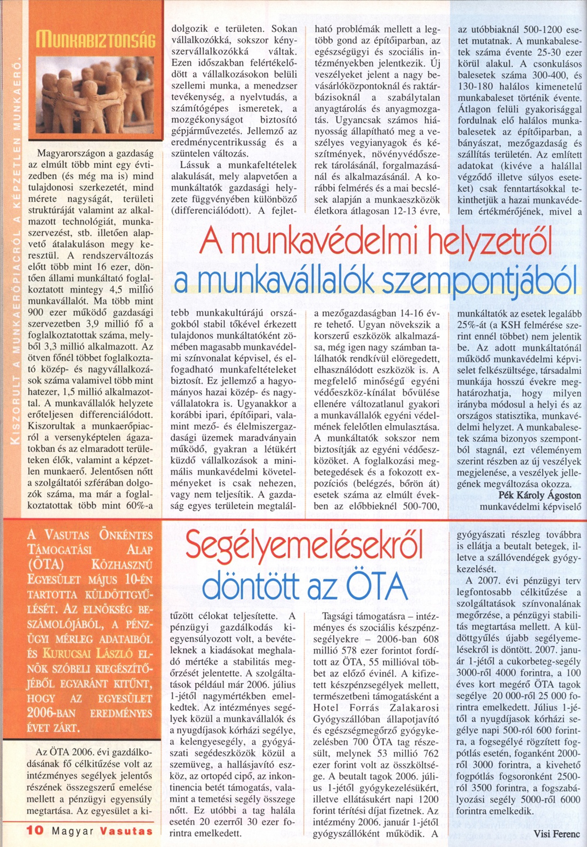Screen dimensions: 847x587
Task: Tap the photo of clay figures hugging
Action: pos(95,95)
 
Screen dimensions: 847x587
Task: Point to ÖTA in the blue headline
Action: pos(376,586)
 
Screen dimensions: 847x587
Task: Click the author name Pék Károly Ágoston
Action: pos(540,495)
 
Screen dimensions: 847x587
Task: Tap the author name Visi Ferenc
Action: pos(556,834)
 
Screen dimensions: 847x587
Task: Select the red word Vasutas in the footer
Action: pos(126,831)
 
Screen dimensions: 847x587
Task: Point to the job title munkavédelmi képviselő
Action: pos(530,506)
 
